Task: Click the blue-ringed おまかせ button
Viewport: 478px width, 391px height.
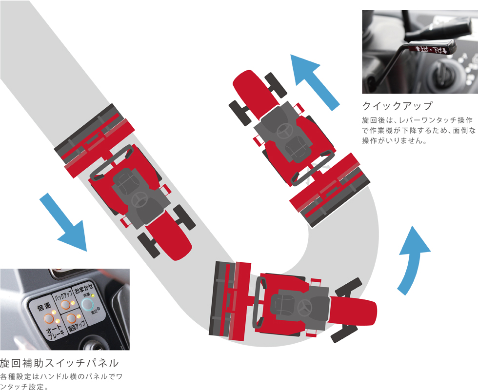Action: (88, 305)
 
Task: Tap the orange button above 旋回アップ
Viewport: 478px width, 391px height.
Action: (72, 319)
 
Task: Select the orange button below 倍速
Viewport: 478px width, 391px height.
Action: (49, 319)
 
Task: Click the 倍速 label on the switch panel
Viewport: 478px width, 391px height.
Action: (44, 307)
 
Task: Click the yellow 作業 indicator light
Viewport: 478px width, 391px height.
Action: (93, 296)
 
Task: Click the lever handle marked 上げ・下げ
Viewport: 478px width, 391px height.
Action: (432, 49)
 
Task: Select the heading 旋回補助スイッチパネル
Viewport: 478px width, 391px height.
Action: (59, 364)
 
